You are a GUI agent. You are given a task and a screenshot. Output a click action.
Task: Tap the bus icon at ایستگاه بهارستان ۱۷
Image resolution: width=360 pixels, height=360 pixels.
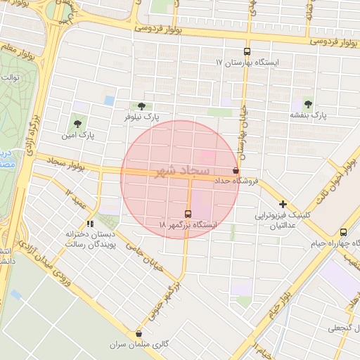point(246,51)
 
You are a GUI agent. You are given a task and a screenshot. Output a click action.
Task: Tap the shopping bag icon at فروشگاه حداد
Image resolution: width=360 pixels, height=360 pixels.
point(235,170)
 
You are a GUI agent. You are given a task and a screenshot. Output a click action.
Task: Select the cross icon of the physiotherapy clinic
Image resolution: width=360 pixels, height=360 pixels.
point(283,204)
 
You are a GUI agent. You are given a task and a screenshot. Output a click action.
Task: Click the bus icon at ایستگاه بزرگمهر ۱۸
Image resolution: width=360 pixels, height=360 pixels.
point(188,213)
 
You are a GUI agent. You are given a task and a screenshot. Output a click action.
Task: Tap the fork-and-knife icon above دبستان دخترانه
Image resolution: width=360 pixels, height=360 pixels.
point(89,224)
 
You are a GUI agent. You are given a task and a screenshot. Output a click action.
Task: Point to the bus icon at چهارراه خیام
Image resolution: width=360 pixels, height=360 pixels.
point(343,233)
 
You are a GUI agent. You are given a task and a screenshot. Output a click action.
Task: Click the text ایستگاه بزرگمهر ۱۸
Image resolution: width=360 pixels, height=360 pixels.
point(188,224)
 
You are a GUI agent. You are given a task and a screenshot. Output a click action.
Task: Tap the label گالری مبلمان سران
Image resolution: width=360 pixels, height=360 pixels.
point(138,345)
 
